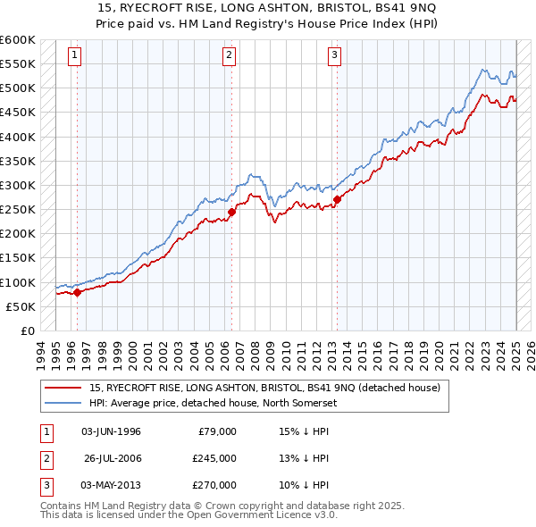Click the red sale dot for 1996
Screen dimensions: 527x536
click(77, 291)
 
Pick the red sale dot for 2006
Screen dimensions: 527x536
click(231, 212)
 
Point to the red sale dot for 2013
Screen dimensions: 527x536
click(337, 199)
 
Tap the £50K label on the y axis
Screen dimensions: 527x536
click(21, 306)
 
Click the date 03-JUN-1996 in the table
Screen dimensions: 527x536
click(111, 431)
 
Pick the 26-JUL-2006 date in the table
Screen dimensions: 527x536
click(113, 458)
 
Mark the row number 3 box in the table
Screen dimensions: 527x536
click(45, 485)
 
